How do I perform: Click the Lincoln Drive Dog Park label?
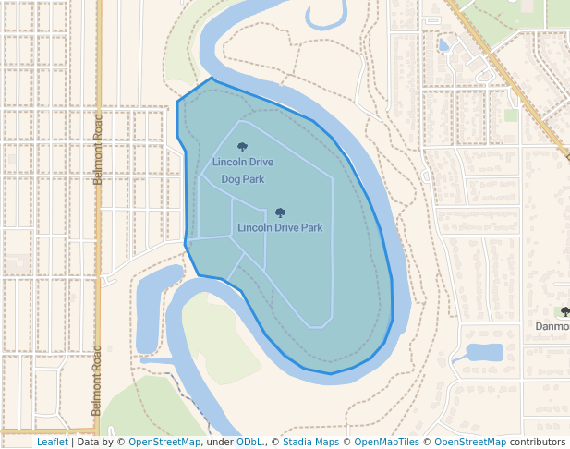coord(242,170)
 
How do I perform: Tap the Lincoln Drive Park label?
coord(280,227)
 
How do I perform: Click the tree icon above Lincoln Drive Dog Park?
coord(243,147)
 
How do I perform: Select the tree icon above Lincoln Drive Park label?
coord(280,212)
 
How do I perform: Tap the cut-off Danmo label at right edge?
coord(552,326)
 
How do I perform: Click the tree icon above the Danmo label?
coord(564,312)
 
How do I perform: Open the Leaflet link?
coord(52,443)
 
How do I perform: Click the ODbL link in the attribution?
coord(249,443)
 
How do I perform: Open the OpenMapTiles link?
coord(386,443)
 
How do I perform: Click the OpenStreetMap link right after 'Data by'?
coord(164,443)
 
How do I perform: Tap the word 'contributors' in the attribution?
coord(537,443)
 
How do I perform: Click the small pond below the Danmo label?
coord(484,352)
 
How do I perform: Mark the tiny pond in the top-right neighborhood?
coord(444,44)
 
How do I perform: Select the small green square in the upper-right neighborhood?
coord(511,115)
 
